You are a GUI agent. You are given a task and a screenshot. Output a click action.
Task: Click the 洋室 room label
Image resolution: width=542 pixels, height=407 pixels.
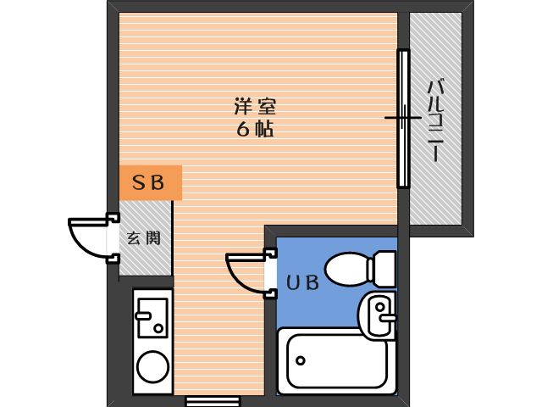pyautogui.click(x=255, y=106)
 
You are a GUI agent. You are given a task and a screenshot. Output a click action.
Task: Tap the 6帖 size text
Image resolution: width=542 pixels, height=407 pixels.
pyautogui.click(x=255, y=129)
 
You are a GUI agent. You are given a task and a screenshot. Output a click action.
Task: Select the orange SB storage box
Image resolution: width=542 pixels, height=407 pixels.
pyautogui.click(x=151, y=183)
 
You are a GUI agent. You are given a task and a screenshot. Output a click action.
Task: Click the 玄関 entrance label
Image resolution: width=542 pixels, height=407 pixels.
pyautogui.click(x=144, y=238)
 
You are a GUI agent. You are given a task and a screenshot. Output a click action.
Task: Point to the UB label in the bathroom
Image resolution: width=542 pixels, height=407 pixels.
pyautogui.click(x=303, y=282)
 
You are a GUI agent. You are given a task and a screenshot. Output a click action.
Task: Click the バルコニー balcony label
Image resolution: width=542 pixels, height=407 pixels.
pyautogui.click(x=435, y=120)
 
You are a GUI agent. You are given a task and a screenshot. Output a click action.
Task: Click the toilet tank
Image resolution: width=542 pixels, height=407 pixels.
pyautogui.click(x=384, y=269)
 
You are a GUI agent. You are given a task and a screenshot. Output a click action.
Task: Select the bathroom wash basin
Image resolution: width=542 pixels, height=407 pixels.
pyautogui.click(x=378, y=315)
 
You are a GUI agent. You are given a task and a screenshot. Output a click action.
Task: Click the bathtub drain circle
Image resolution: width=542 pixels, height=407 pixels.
pyautogui.click(x=301, y=360)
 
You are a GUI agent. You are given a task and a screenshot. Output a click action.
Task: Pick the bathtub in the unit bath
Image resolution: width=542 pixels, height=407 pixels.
pyautogui.click(x=337, y=361)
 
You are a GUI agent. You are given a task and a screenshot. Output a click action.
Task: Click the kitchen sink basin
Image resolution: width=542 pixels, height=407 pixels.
pyautogui.click(x=152, y=318)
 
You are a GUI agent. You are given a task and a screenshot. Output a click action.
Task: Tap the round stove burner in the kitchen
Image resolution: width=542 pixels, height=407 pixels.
pyautogui.click(x=152, y=366)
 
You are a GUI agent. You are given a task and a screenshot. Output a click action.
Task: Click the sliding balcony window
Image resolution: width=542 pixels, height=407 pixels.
pyautogui.click(x=403, y=119)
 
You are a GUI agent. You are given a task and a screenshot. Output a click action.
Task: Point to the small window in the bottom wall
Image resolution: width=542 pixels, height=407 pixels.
pyautogui.click(x=213, y=402)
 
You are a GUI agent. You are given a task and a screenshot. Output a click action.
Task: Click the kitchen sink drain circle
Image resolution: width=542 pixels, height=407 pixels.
pyautogui.click(x=158, y=328)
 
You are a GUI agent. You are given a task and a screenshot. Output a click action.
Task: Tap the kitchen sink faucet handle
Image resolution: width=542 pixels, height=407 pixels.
pyautogui.click(x=143, y=315)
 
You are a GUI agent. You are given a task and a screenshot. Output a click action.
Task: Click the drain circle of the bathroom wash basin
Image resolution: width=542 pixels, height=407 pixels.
pyautogui.click(x=380, y=307)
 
